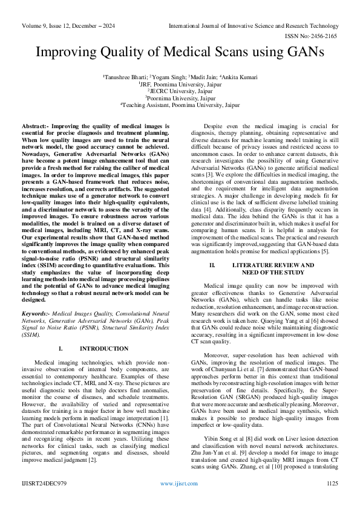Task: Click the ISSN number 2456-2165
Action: pyautogui.click(x=321, y=36)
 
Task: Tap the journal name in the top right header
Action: pyautogui.click(x=253, y=26)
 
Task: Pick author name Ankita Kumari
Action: pyautogui.click(x=240, y=77)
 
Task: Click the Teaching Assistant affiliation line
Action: pyautogui.click(x=180, y=105)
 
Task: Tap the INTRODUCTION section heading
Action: pyautogui.click(x=104, y=349)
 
